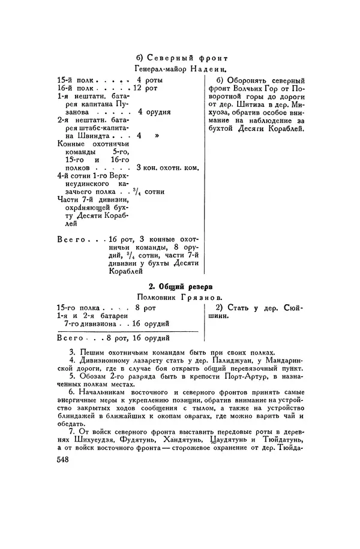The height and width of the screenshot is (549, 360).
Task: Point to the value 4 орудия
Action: (x=154, y=112)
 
